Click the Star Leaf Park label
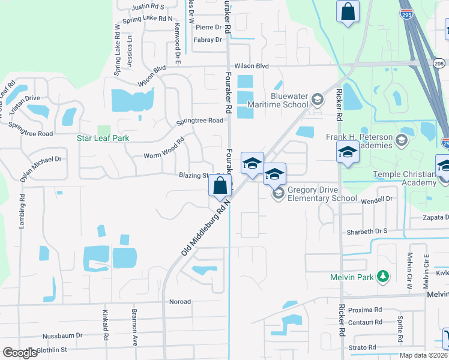point(103,138)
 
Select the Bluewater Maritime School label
point(289,100)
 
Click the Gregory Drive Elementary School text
point(322,194)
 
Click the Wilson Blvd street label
point(252,66)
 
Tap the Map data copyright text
point(424,355)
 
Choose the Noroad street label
point(179,302)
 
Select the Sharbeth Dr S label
point(368,232)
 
